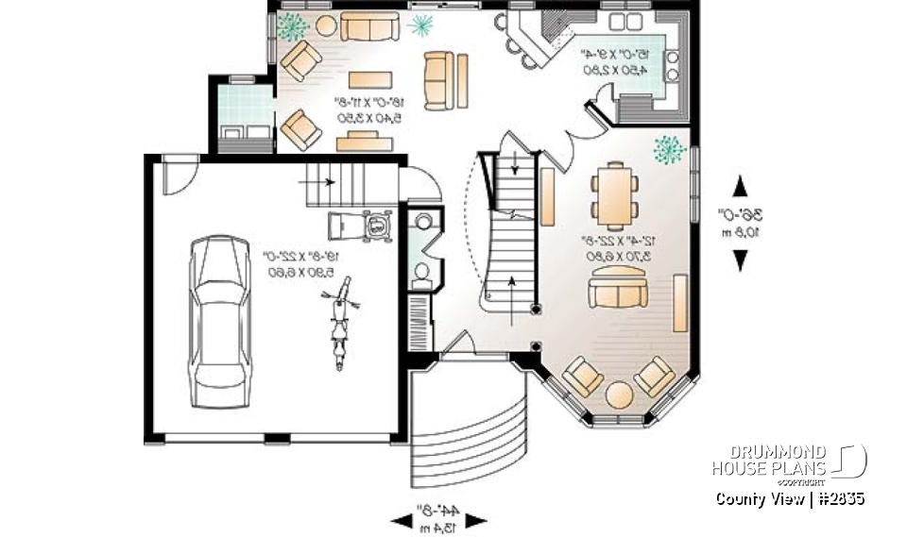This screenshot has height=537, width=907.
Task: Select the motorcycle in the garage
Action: [337, 323]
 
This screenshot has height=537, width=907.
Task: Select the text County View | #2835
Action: [790, 498]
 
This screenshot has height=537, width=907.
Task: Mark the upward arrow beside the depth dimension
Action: [740, 186]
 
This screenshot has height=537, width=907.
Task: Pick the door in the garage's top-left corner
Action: [175, 176]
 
